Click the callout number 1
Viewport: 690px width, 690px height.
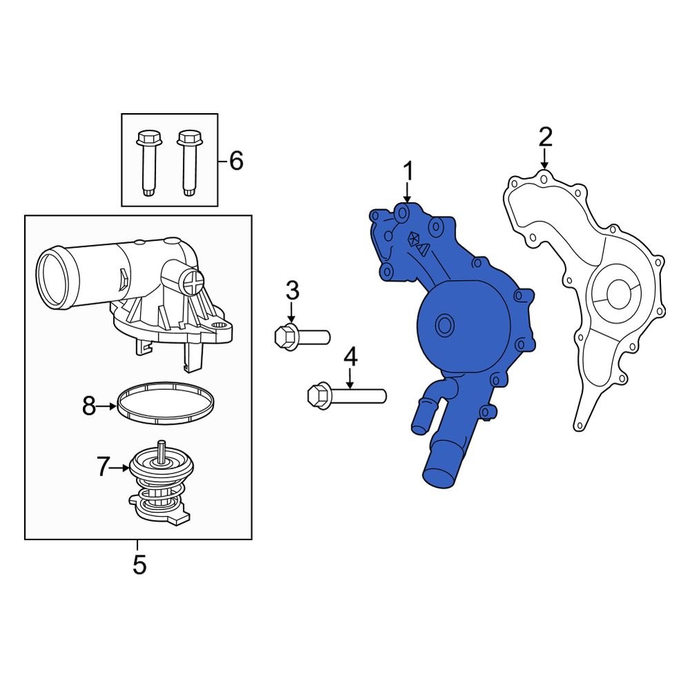click(x=408, y=170)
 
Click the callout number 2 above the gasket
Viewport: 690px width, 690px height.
click(x=545, y=137)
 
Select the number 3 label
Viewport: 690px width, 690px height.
click(x=293, y=290)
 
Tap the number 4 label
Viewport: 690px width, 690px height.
click(x=351, y=357)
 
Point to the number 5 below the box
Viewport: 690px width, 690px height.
click(x=139, y=565)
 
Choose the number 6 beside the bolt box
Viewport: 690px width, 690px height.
click(x=235, y=161)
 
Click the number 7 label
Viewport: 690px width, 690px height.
click(x=103, y=467)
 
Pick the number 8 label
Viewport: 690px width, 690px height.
click(x=89, y=407)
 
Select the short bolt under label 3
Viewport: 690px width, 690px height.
click(x=301, y=337)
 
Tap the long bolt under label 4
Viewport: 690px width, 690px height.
click(x=345, y=396)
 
